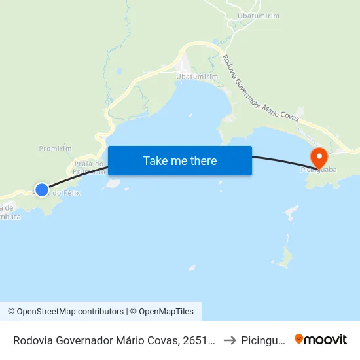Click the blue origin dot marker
tap(41, 190)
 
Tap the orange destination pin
tap(319, 158)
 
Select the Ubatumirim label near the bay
tap(197, 77)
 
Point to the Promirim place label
tap(55, 149)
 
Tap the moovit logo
tap(321, 340)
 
